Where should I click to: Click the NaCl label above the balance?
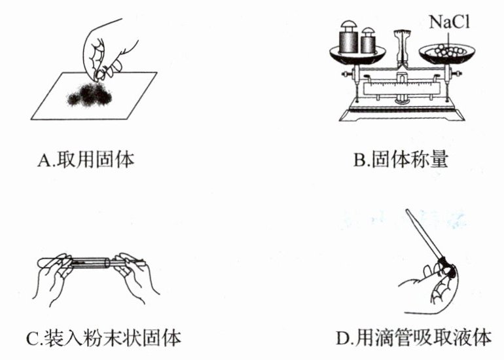pyautogui.click(x=450, y=22)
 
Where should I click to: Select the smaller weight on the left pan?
pyautogui.click(x=369, y=41)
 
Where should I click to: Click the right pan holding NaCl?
pyautogui.click(x=446, y=54)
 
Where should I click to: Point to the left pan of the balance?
pyautogui.click(x=357, y=54)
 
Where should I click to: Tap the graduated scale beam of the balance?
pyautogui.click(x=402, y=88)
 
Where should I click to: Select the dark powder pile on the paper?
pyautogui.click(x=90, y=94)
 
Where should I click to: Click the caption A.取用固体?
pyautogui.click(x=86, y=160)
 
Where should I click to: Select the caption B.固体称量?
pyautogui.click(x=401, y=159)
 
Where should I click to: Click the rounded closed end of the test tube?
pyautogui.click(x=41, y=262)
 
